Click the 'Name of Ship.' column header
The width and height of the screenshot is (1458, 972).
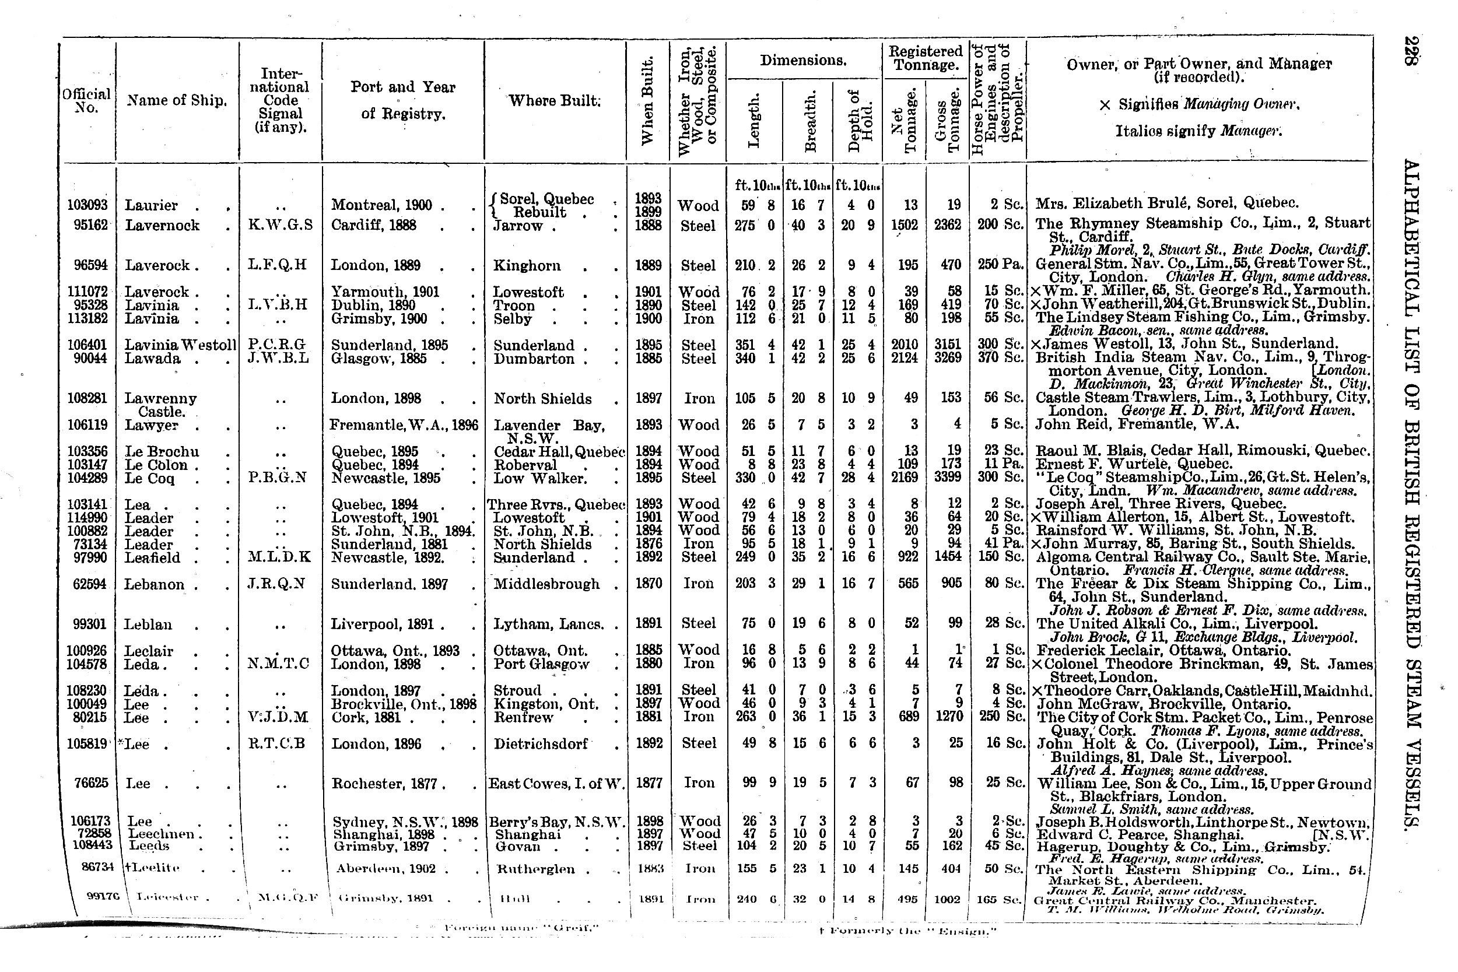click(177, 100)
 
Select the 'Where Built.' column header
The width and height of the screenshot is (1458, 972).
click(555, 100)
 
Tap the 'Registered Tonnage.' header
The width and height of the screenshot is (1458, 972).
click(925, 58)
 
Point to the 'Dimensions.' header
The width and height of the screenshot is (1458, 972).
click(804, 61)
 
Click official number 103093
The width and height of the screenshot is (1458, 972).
click(87, 205)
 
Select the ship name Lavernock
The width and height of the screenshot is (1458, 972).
click(162, 225)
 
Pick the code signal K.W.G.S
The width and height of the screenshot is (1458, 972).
click(280, 225)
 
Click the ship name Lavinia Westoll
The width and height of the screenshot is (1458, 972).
click(180, 345)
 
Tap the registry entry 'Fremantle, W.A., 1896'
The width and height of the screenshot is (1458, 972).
click(404, 424)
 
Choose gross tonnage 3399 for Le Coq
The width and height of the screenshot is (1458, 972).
click(948, 478)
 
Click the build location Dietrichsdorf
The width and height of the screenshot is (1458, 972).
click(541, 743)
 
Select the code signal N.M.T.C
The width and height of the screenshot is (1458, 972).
click(278, 664)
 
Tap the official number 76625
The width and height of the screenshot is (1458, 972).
click(90, 783)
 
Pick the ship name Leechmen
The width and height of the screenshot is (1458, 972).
click(160, 834)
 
